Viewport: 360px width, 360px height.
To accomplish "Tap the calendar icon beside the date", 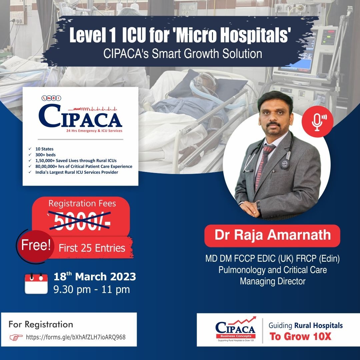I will click(36, 283).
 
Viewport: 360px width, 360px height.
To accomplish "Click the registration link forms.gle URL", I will click(76, 337).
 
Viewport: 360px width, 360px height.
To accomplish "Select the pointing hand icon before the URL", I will click(16, 337).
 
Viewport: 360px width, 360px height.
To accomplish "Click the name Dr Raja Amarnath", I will click(272, 235).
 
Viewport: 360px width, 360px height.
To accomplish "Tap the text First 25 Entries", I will click(92, 248).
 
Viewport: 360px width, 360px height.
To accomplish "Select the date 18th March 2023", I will click(95, 277).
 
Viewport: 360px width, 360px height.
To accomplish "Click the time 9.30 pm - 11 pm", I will click(92, 289).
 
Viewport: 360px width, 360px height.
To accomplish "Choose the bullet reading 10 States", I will click(45, 149).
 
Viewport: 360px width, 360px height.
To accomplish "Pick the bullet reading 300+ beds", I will click(46, 155).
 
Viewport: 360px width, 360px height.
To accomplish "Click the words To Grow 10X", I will click(301, 336).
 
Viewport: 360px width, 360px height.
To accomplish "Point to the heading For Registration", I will click(41, 324).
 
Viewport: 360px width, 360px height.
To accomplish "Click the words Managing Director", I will click(272, 281).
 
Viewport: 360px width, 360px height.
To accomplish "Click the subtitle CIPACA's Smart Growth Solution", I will click(183, 53).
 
